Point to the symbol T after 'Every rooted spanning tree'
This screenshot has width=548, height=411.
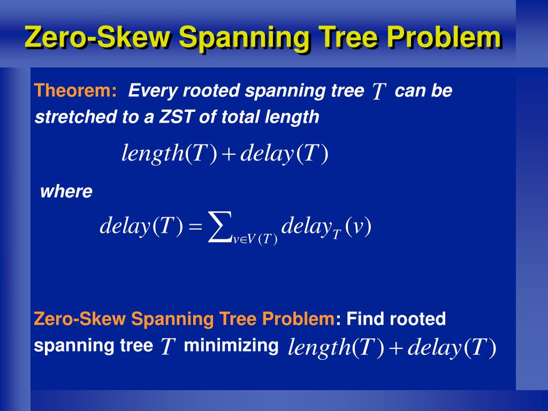coord(379,92)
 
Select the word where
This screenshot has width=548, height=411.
coord(66,192)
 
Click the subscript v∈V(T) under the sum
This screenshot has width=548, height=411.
coord(255,240)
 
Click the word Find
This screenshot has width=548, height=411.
coord(366,319)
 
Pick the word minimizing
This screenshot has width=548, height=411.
coord(231,346)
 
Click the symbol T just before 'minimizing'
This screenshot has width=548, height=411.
coord(168,348)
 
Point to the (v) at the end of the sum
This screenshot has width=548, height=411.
coord(359,227)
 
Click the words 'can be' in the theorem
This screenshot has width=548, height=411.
coord(423,91)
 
